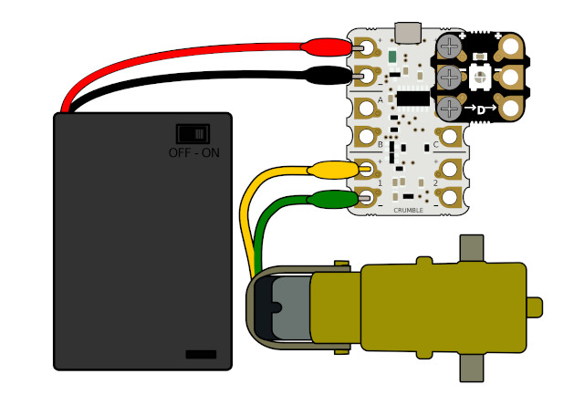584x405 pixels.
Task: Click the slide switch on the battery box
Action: (x=193, y=134)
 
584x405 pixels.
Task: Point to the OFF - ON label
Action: (x=193, y=152)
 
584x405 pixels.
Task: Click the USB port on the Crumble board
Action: (x=406, y=32)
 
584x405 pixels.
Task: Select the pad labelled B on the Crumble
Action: (x=368, y=138)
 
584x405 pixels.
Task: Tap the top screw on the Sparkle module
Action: (x=449, y=45)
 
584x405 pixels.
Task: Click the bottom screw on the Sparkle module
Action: (x=449, y=109)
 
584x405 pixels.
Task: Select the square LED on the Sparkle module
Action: (x=481, y=76)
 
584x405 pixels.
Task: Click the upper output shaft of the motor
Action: (x=471, y=248)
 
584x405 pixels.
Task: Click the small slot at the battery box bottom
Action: (x=201, y=353)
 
